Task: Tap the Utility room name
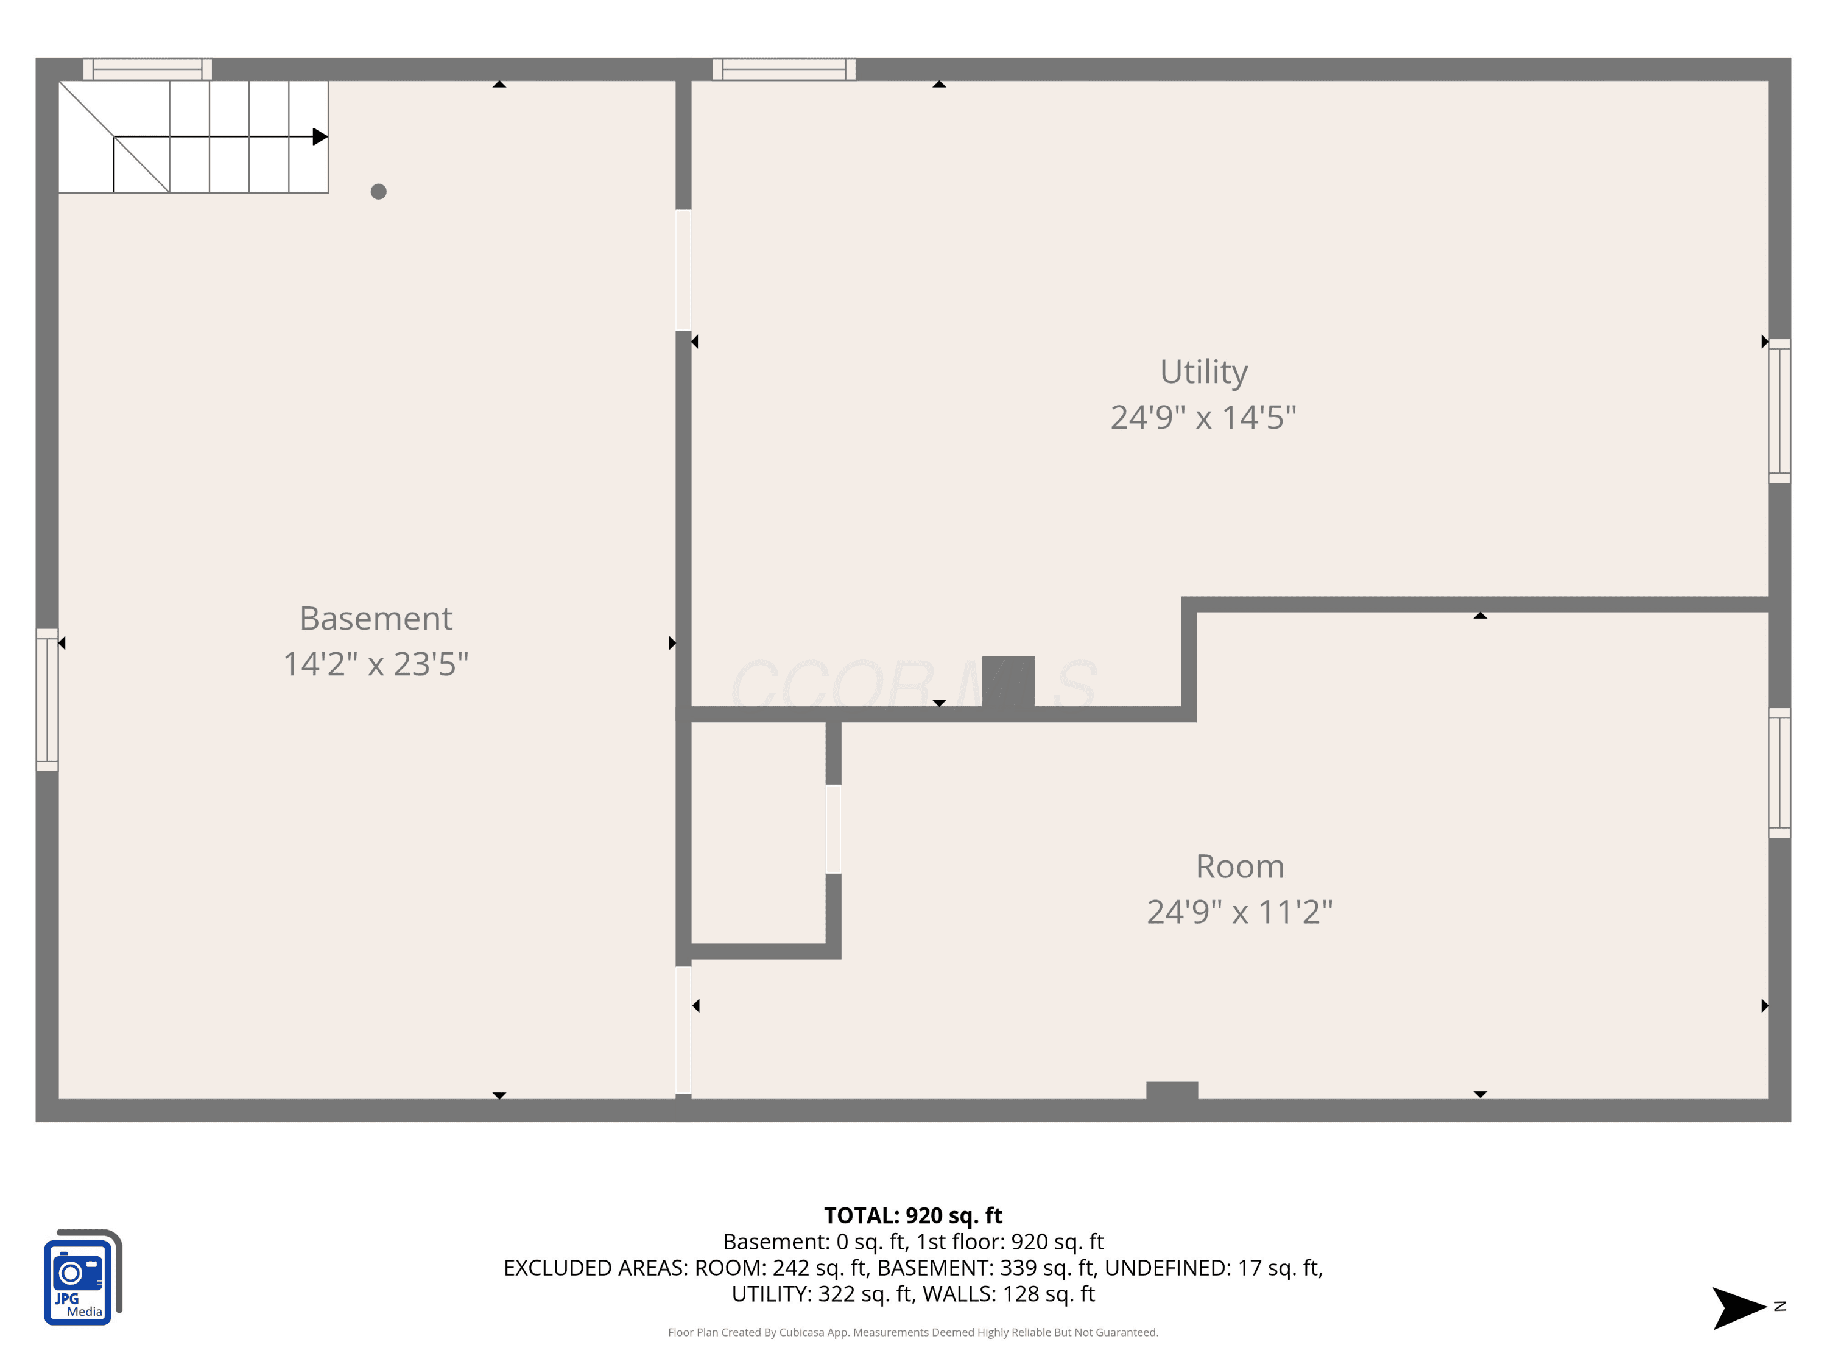pyautogui.click(x=1203, y=373)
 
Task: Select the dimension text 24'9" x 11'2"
pyautogui.click(x=1240, y=912)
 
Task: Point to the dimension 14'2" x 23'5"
pyautogui.click(x=376, y=664)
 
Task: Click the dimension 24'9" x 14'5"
pyautogui.click(x=1203, y=417)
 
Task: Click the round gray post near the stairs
pyautogui.click(x=378, y=192)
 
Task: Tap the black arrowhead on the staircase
pyautogui.click(x=320, y=136)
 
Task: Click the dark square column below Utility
pyautogui.click(x=1008, y=682)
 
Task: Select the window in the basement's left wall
pyautogui.click(x=47, y=700)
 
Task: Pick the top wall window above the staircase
pyautogui.click(x=147, y=69)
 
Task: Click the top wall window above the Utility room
pyautogui.click(x=784, y=69)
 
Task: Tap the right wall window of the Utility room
pyautogui.click(x=1779, y=410)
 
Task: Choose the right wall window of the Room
pyautogui.click(x=1779, y=772)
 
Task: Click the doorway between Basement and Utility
pyautogui.click(x=683, y=270)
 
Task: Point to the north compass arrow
pyautogui.click(x=1739, y=1307)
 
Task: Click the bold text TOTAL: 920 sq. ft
pyautogui.click(x=913, y=1215)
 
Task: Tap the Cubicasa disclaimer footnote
pyautogui.click(x=913, y=1332)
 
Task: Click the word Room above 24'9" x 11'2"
pyautogui.click(x=1240, y=866)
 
